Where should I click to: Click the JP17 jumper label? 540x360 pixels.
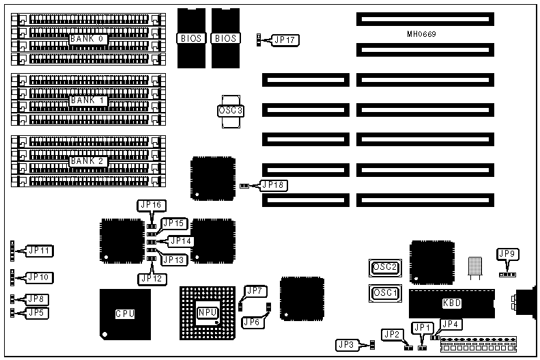283,40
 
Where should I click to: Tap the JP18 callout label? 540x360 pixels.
274,185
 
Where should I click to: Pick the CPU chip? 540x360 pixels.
124,314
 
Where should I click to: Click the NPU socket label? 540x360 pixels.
207,312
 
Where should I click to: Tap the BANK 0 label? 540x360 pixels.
87,40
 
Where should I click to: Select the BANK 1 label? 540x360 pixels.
88,100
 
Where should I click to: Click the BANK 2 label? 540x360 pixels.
88,161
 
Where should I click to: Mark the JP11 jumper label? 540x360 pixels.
39,251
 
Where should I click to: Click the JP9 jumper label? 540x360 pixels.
508,255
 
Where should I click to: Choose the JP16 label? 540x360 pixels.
150,204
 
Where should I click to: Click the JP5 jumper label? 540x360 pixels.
38,312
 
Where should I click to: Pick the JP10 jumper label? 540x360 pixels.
39,277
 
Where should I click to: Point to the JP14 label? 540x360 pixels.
181,240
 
